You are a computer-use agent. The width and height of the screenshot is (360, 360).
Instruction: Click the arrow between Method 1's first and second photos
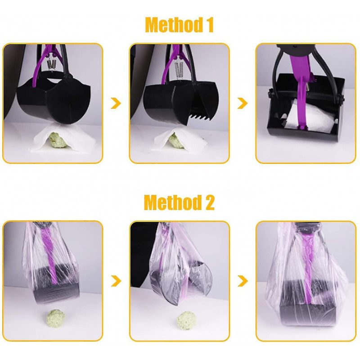pos(116,103)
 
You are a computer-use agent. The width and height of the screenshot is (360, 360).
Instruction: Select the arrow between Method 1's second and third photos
pos(243,103)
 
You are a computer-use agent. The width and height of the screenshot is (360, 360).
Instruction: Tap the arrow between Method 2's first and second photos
pos(116,281)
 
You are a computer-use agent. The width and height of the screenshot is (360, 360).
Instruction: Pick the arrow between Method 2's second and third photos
pos(243,281)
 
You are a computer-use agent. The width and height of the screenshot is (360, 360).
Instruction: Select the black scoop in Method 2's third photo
pos(306,315)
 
